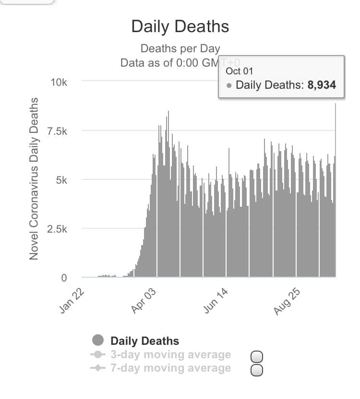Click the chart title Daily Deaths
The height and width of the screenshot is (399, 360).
pyautogui.click(x=180, y=26)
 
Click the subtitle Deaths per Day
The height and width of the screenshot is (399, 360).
pyautogui.click(x=180, y=48)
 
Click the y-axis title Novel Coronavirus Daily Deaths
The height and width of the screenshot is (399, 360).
pyautogui.click(x=34, y=178)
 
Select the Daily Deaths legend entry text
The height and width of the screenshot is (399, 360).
pyautogui.click(x=144, y=341)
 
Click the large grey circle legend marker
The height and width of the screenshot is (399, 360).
pyautogui.click(x=98, y=340)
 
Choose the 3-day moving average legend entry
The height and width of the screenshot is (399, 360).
pyautogui.click(x=170, y=355)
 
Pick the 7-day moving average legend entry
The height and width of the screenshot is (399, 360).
pyautogui.click(x=170, y=368)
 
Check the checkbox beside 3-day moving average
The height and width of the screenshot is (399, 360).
pyautogui.click(x=257, y=356)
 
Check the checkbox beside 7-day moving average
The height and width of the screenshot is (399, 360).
pyautogui.click(x=257, y=370)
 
